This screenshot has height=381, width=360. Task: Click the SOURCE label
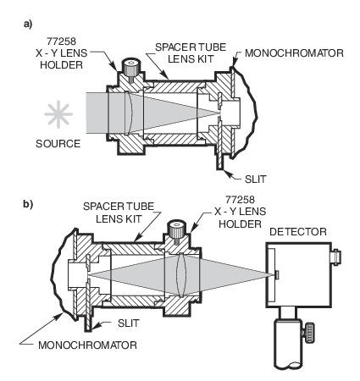(58, 144)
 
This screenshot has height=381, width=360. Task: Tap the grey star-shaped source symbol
(58, 114)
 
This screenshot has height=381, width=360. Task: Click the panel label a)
(28, 25)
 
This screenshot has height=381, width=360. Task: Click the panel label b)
(28, 204)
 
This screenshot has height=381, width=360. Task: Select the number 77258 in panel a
(61, 41)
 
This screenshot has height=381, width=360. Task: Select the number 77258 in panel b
(240, 200)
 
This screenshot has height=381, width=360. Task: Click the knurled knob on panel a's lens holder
(130, 68)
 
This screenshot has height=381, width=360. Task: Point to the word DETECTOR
(298, 232)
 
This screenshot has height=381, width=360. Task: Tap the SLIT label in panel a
(256, 179)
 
